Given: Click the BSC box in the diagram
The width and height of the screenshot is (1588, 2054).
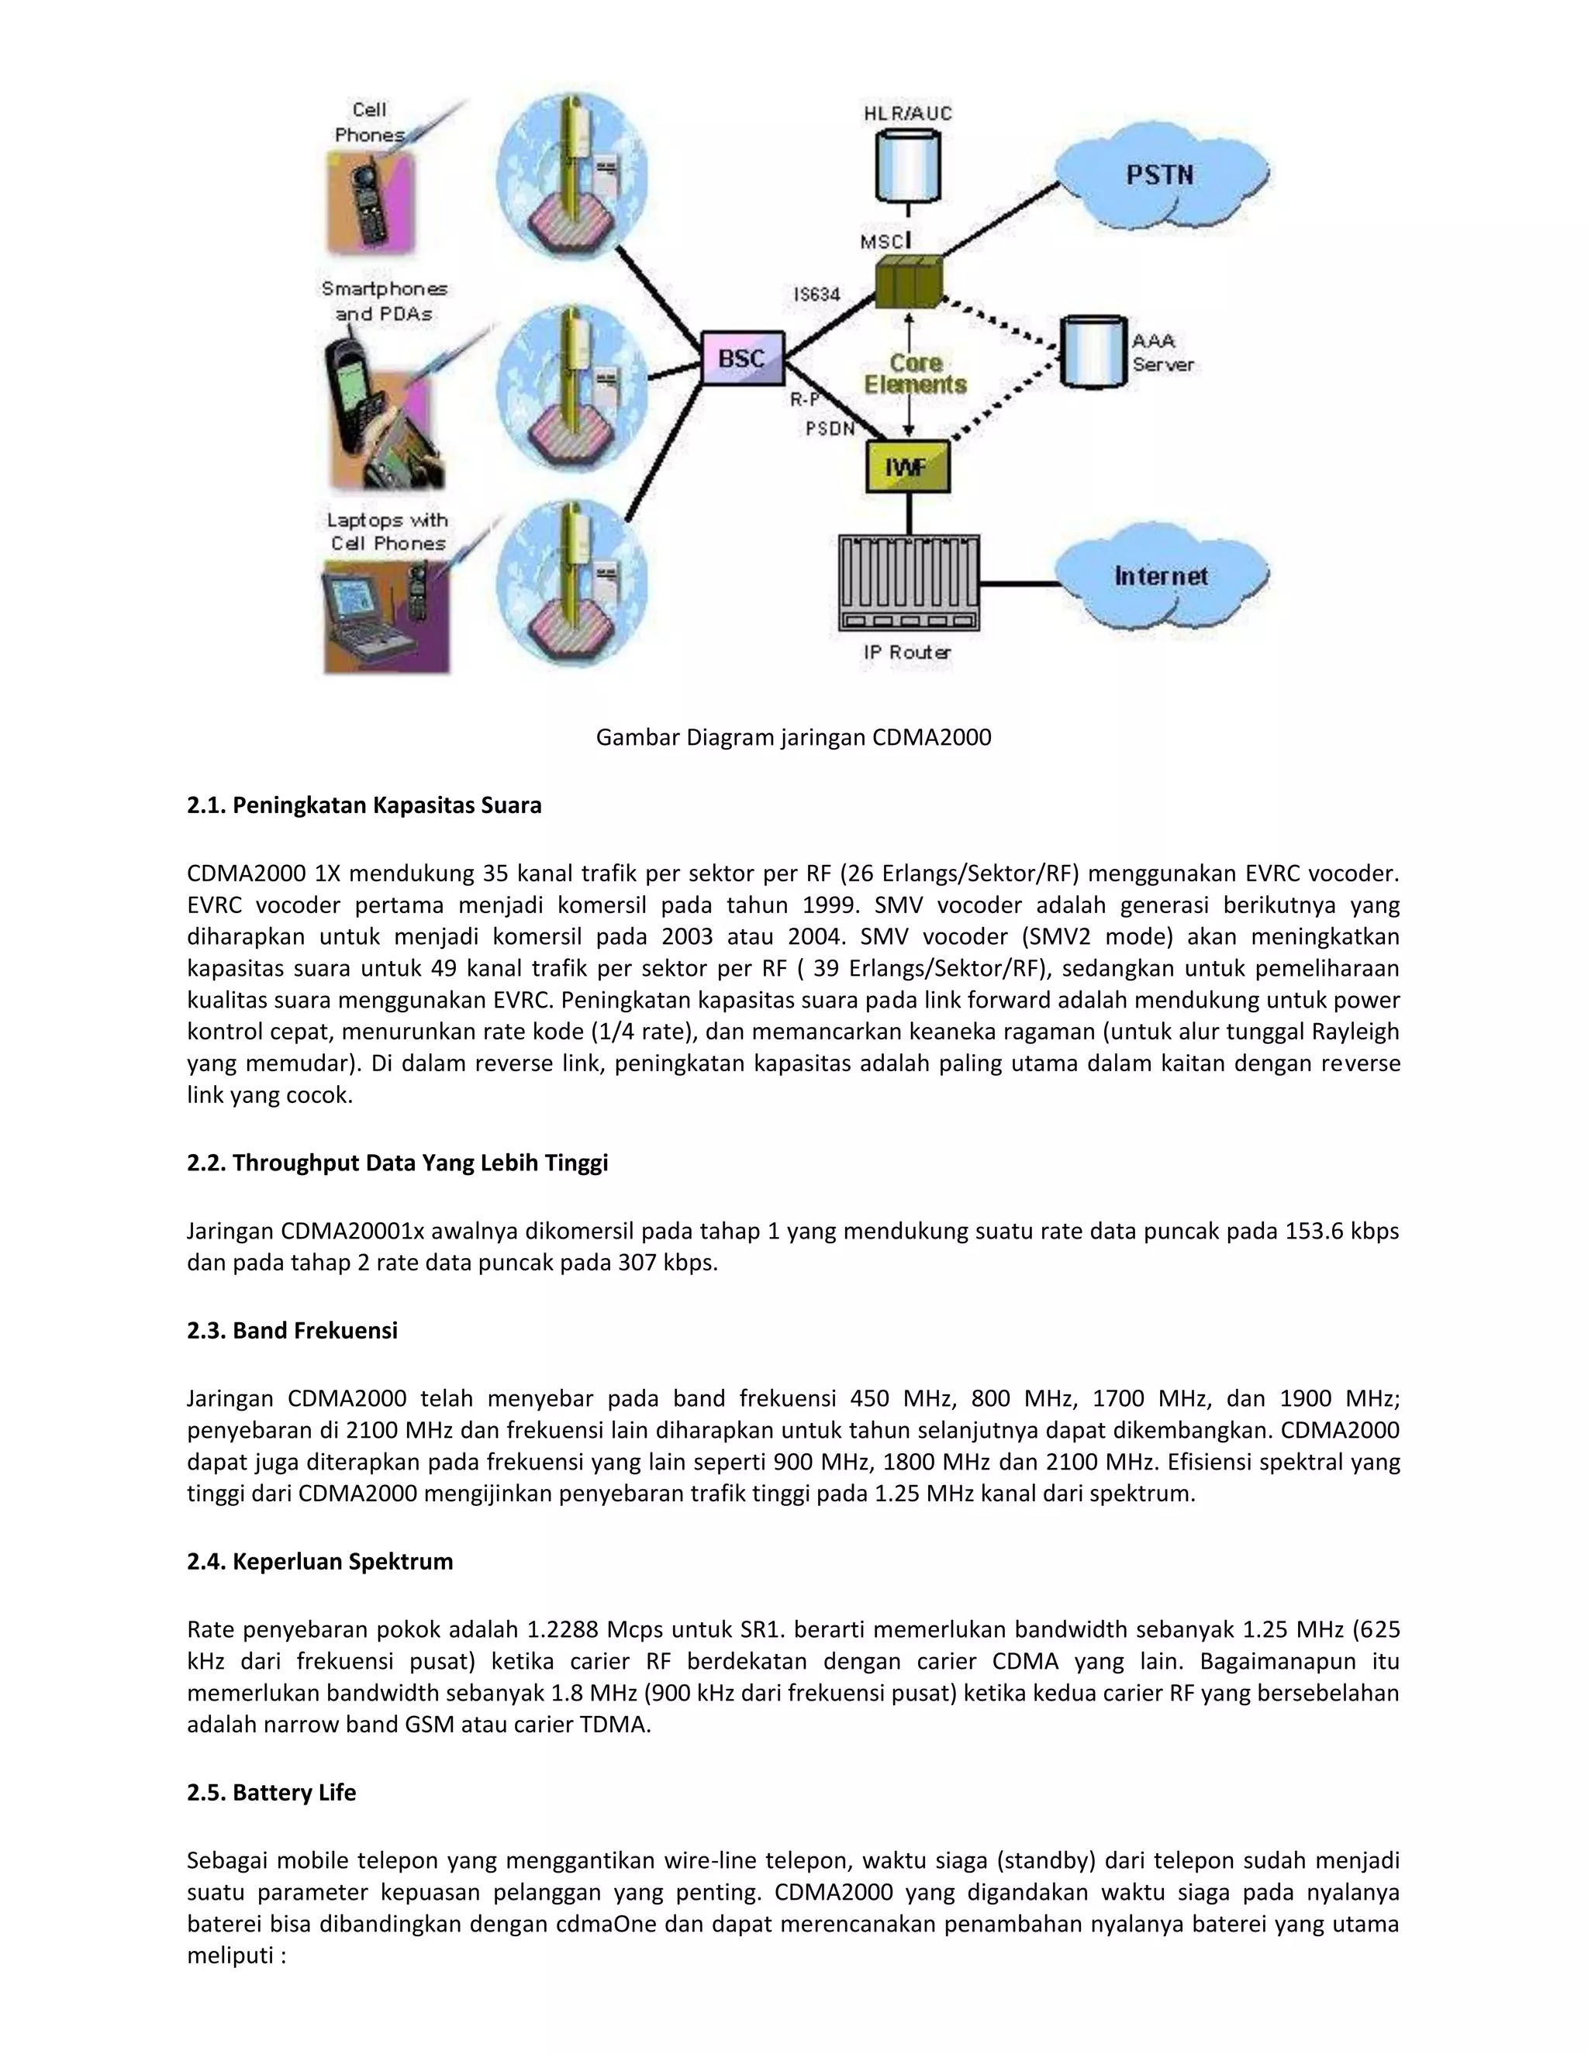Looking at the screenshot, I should tap(742, 358).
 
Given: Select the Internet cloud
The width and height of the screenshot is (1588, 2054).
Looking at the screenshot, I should tap(1161, 577).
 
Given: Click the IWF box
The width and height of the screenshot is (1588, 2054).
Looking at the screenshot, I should tap(908, 467).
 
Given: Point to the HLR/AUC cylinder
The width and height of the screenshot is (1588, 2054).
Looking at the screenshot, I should tap(908, 166).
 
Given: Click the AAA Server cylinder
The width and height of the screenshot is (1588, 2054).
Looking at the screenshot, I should tap(1093, 352).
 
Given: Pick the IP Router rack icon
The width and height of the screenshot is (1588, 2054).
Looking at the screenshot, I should tap(908, 583).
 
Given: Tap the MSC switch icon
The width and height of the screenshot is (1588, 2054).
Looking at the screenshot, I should tap(908, 281).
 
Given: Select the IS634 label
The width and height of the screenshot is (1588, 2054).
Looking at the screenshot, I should tap(816, 295).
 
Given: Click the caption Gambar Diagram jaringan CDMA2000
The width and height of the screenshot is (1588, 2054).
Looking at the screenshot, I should tap(793, 737).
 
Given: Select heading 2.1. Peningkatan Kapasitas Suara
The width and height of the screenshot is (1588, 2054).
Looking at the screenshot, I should tap(364, 805).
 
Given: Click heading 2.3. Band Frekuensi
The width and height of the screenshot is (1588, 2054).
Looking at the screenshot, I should tap(292, 1330).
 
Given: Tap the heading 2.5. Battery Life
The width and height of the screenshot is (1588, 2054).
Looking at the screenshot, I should tap(271, 1793).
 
